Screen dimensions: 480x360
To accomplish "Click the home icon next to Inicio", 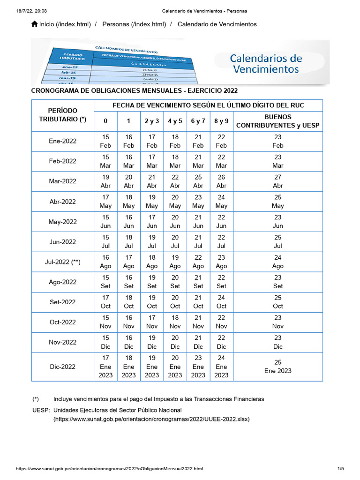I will pos(34,24).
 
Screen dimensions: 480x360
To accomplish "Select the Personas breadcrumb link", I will pos(134,24).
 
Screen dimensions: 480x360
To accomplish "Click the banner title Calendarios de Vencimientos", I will pos(266,64).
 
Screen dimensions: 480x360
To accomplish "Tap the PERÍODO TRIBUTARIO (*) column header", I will pos(63,115).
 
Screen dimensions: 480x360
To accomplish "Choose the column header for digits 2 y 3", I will pos(152,121).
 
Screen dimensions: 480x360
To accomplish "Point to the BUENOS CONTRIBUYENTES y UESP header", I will pos(278,121).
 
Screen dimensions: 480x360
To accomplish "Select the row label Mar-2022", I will pos(63,181).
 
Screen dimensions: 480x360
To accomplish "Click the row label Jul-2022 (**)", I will pos(63,262).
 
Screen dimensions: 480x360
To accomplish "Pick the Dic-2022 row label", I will pos(63,367).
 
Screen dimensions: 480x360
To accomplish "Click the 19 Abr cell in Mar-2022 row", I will pos(106,181).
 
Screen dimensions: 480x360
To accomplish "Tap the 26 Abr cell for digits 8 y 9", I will pos(221,181).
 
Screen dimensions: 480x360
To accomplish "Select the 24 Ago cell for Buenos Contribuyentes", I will pos(278,262).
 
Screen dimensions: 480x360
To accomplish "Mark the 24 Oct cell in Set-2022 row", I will pos(221,302).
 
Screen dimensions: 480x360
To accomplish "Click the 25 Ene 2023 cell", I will pos(278,367).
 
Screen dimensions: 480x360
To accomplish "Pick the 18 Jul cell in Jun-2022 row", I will pos(129,242).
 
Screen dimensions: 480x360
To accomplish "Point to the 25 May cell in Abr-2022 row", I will pos(278,202).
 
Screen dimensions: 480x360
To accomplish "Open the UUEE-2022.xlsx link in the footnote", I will pos(151,420).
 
